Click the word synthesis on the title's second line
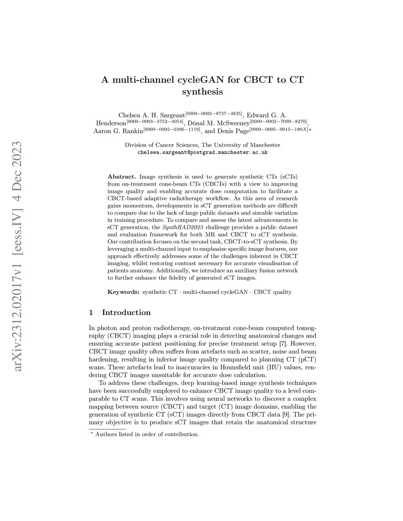pos(202,92)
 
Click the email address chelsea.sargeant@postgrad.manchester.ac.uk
pos(202,152)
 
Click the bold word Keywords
pos(123,292)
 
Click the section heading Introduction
pos(126,313)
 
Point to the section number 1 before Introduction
pos(91,313)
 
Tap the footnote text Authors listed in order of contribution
pos(147,434)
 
